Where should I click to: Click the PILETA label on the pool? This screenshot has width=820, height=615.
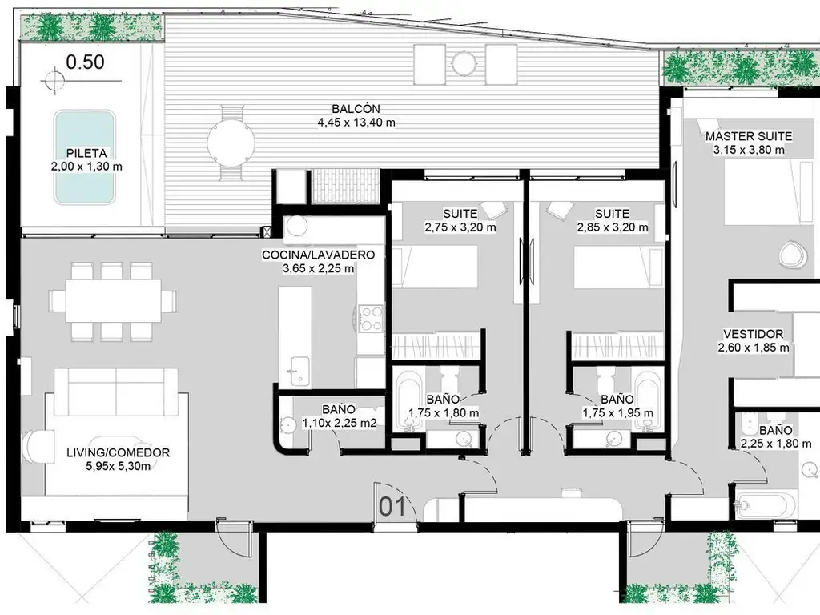(86, 153)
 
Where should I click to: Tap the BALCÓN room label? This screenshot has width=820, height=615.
(356, 109)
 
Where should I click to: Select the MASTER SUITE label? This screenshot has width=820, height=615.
(749, 136)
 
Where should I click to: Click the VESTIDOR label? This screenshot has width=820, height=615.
(753, 334)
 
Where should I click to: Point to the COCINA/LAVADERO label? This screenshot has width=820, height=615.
(318, 255)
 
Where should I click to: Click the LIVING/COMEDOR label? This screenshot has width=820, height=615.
(119, 452)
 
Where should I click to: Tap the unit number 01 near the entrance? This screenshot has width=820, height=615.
(392, 507)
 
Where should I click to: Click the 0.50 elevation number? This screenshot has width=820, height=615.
(85, 62)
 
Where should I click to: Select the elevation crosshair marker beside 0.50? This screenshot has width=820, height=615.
(53, 81)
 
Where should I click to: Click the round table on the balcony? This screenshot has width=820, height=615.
(231, 143)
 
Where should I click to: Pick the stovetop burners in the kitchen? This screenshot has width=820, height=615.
(372, 319)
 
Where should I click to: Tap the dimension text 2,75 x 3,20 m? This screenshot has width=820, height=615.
(460, 227)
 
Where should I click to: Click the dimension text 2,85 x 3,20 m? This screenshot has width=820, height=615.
(613, 227)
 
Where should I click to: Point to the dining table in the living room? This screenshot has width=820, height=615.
(114, 301)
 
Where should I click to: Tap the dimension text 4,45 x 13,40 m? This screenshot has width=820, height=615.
(356, 123)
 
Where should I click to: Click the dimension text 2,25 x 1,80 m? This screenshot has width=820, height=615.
(775, 444)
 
